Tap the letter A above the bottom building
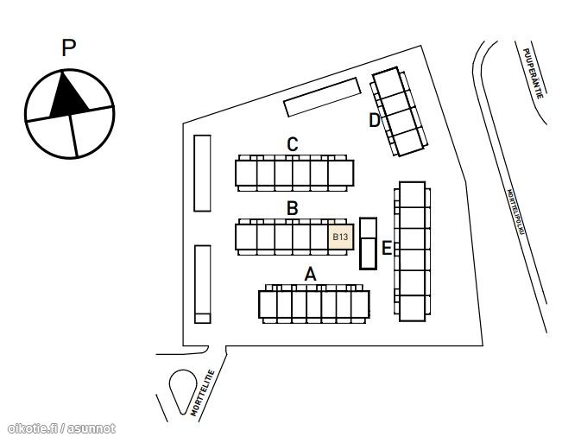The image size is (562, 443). [311, 275]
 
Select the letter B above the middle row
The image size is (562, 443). [293, 208]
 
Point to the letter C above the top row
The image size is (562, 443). [293, 144]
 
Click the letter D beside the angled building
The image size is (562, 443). [375, 120]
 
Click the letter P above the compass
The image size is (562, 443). [69, 48]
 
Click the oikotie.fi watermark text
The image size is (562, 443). [60, 428]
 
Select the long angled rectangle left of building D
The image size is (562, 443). [321, 98]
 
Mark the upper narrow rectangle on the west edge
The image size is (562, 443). [202, 173]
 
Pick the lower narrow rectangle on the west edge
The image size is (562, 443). [202, 283]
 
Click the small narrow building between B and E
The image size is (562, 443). [368, 244]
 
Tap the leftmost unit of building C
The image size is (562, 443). [247, 174]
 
